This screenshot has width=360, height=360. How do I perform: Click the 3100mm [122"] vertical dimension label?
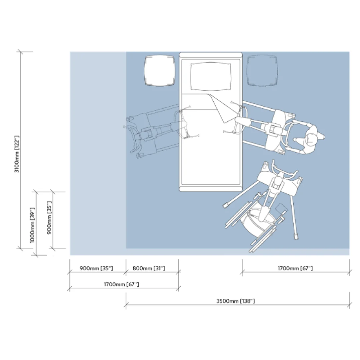point(17,154)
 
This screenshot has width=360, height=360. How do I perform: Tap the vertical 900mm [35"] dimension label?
point(49,218)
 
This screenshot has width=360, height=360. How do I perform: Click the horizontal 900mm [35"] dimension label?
point(96,268)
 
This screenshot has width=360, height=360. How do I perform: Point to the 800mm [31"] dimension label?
point(149,268)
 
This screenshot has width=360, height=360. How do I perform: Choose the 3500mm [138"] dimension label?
point(236,301)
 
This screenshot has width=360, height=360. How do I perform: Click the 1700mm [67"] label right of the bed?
point(295,268)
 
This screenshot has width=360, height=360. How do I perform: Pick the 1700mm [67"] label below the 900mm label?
point(121,284)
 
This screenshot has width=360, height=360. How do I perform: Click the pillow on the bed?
point(211,76)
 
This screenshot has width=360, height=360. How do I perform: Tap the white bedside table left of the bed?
point(160,70)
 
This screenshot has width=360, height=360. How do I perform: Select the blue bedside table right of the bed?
point(262,70)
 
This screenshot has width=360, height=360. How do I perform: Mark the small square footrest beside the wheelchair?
point(282,208)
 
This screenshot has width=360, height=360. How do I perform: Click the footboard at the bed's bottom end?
point(211,189)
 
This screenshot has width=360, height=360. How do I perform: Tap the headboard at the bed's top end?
point(211,55)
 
